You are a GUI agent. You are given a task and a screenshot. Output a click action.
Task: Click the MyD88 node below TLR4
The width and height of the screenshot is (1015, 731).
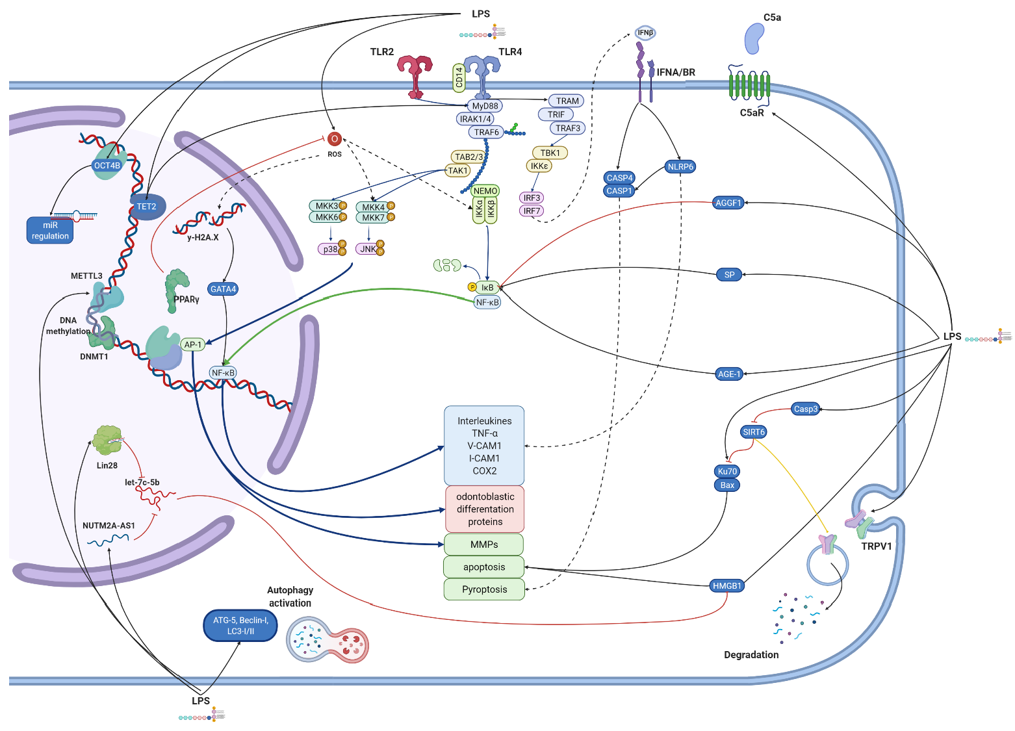pos(485,106)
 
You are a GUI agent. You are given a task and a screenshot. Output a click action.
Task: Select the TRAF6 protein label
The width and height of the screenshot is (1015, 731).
pos(486,132)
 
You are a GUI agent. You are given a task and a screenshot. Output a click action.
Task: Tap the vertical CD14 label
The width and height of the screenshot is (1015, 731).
pos(459,77)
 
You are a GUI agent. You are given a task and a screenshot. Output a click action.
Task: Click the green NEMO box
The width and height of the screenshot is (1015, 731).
pos(485,190)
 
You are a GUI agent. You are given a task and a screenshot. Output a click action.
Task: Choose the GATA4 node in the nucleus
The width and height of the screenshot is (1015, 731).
pos(223,289)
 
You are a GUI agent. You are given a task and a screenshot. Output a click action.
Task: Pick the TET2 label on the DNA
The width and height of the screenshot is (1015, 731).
pos(147,207)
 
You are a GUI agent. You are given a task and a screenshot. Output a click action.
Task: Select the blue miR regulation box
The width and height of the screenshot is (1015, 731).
pos(50,231)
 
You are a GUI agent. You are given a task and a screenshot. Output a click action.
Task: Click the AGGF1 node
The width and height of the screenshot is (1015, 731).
pos(728,203)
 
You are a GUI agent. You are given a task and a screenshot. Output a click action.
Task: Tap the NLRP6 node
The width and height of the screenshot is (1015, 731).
pos(680,166)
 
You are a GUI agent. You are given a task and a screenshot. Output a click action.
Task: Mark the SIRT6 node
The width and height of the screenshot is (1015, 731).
pos(754,431)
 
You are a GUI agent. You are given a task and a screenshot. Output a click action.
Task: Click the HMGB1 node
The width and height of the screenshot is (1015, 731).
pos(726,585)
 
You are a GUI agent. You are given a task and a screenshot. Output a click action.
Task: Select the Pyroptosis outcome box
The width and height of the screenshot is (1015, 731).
pos(484,589)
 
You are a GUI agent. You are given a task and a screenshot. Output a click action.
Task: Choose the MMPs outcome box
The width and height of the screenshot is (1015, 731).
pos(484,545)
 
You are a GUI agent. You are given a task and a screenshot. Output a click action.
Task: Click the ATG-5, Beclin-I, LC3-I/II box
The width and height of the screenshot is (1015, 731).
pos(240,625)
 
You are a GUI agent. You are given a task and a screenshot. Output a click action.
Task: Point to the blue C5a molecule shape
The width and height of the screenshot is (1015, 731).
pos(754,38)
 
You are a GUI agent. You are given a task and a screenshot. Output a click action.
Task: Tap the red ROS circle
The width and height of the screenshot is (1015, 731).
pos(334,139)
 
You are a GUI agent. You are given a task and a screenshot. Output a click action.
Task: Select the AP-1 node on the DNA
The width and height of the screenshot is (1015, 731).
pos(193,344)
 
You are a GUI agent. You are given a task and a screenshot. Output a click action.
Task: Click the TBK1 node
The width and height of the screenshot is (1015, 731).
pos(550,153)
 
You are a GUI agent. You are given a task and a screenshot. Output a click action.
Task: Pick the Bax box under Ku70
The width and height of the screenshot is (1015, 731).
pos(727,485)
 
